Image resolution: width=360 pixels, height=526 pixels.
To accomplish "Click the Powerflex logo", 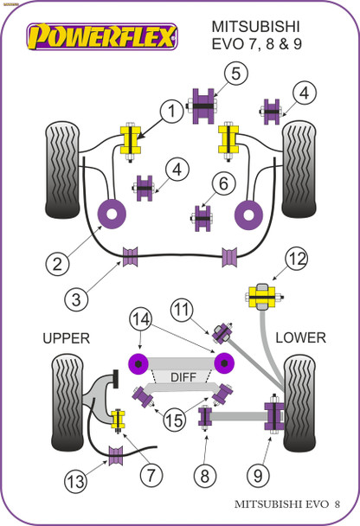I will [103, 35].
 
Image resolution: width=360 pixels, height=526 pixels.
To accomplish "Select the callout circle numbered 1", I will [171, 110].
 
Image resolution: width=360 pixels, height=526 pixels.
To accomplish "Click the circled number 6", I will [222, 183].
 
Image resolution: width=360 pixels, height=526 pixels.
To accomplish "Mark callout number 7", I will [151, 473].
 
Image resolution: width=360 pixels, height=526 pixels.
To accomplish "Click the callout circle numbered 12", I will [297, 257].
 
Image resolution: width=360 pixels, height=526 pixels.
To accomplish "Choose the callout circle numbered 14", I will [140, 318].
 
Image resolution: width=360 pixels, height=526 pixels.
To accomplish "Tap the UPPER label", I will [66, 337].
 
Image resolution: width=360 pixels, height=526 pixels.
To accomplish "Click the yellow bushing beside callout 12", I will [261, 298].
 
